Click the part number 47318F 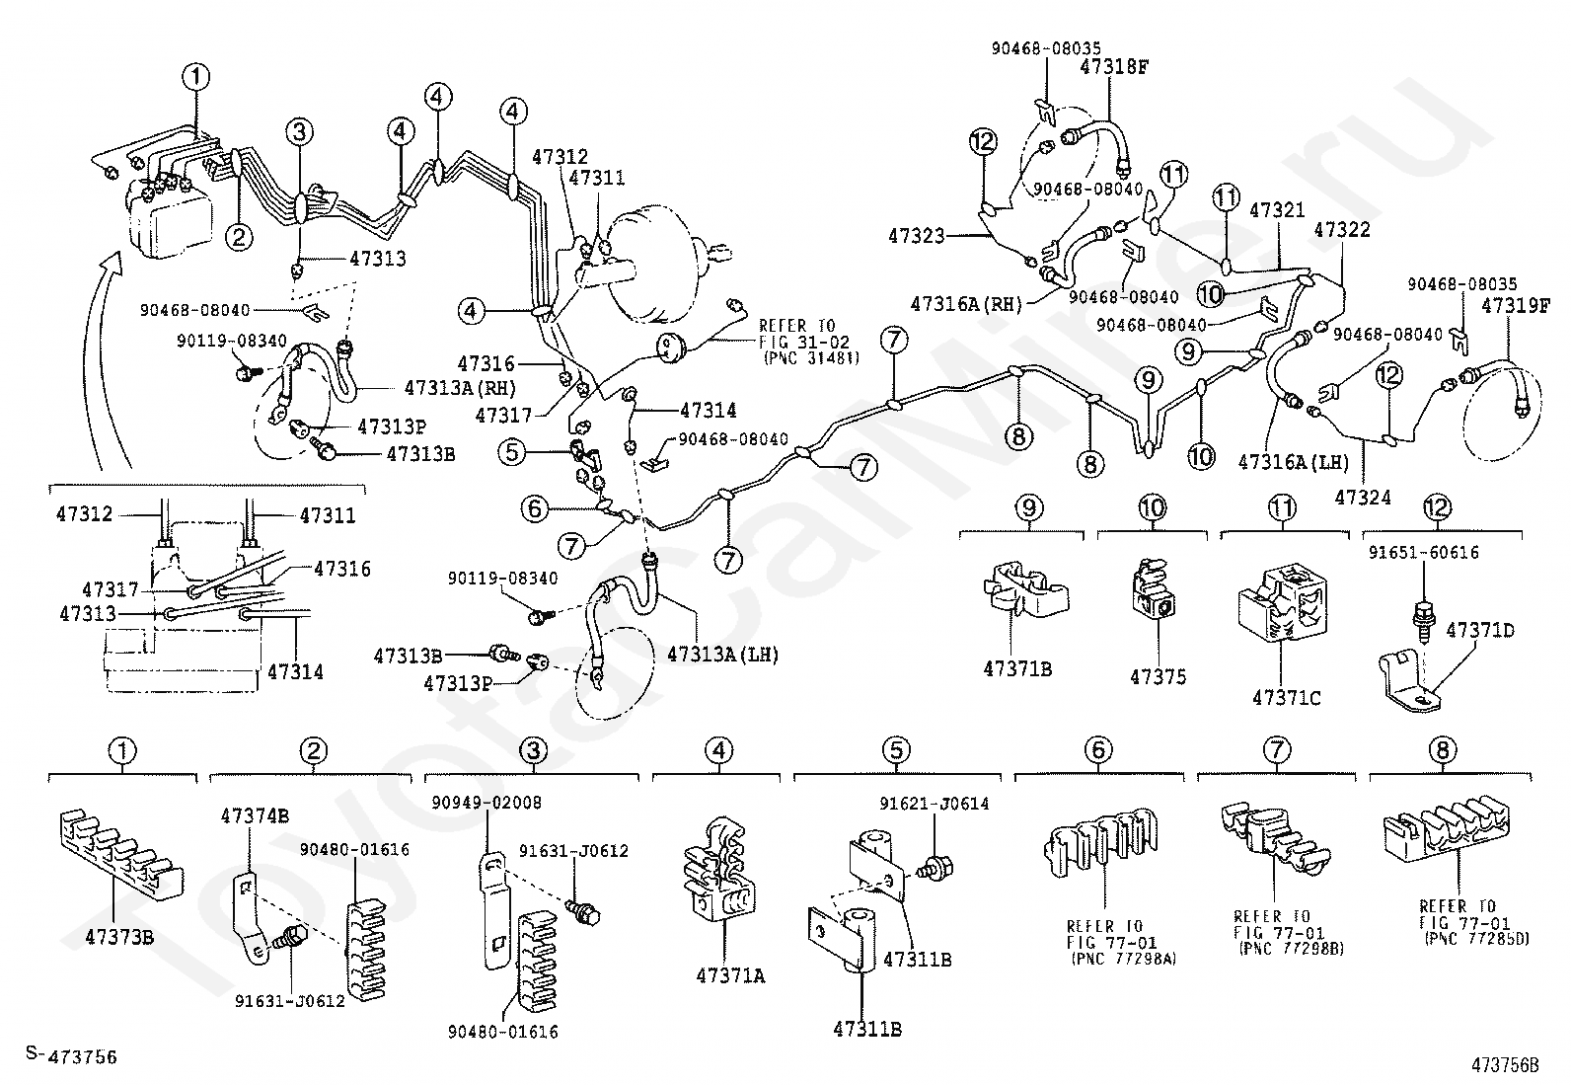[1115, 67]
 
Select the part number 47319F [1516, 306]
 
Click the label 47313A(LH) [722, 653]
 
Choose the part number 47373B [119, 936]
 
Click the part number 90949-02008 [486, 803]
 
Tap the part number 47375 [1158, 677]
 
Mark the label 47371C [1286, 698]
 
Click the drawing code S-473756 [71, 1056]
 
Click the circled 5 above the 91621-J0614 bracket [896, 750]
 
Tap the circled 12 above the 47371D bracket [1437, 507]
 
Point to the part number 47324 [1363, 498]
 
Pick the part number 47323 [917, 236]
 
